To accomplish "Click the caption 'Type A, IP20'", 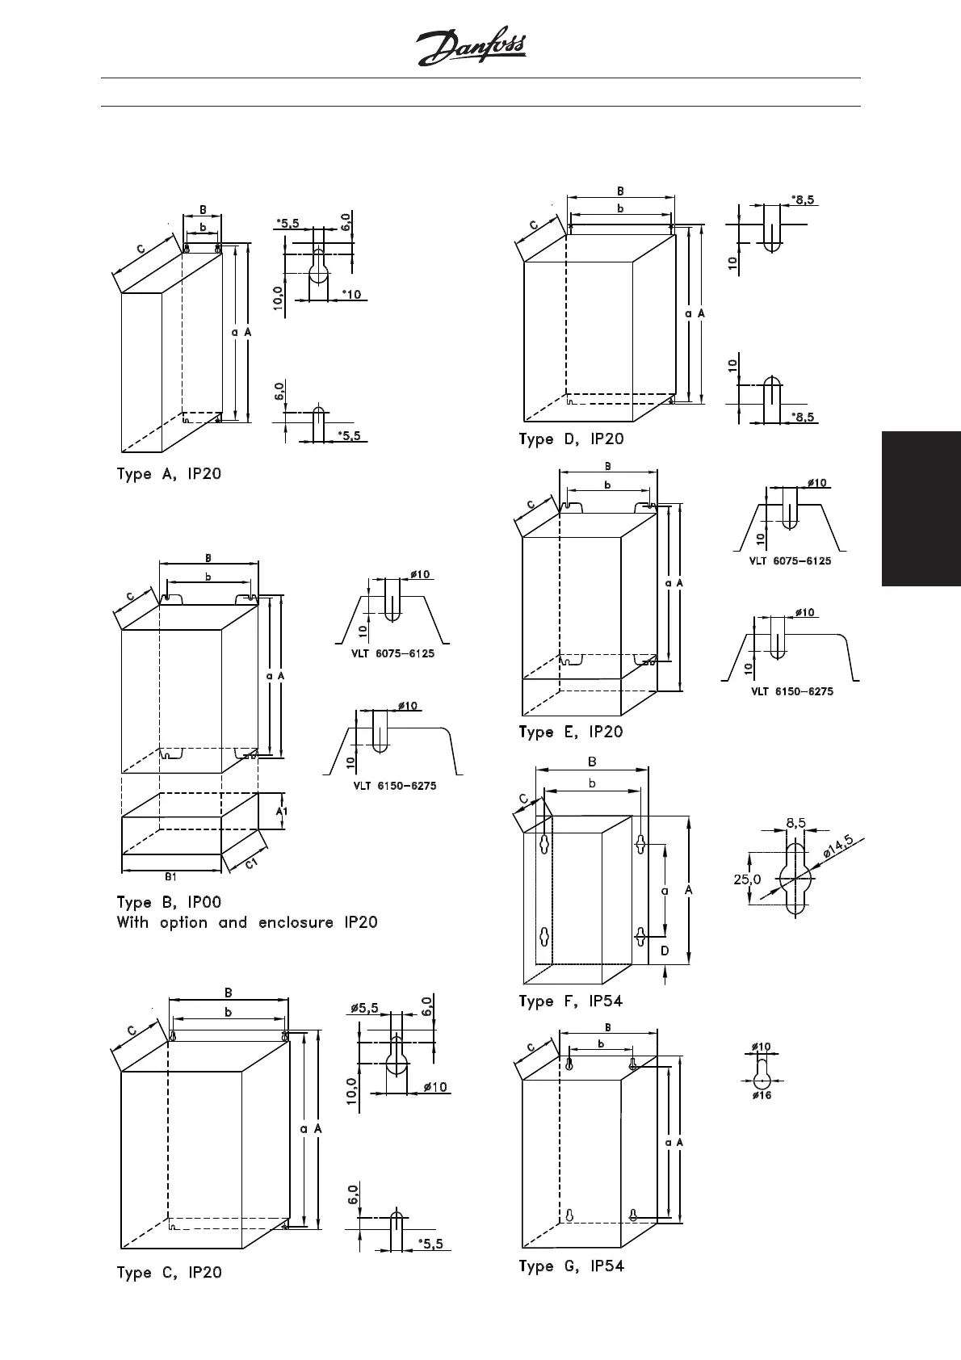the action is click(x=169, y=474).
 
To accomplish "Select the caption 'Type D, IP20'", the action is click(x=571, y=439).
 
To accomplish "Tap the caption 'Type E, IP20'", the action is click(x=571, y=732).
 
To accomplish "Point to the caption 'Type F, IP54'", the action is click(x=571, y=1001).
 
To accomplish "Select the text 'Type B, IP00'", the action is click(x=169, y=902).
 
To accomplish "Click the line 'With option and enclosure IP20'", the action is click(x=247, y=922).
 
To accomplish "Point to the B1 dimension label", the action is click(x=171, y=876).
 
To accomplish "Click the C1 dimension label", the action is click(x=252, y=864).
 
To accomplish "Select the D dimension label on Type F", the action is click(x=665, y=951).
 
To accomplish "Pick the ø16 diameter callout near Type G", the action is click(x=762, y=1096).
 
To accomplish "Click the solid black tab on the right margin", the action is click(x=921, y=509).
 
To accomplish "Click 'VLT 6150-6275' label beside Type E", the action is click(x=792, y=691).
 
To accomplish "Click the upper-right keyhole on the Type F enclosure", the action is click(x=640, y=845).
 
